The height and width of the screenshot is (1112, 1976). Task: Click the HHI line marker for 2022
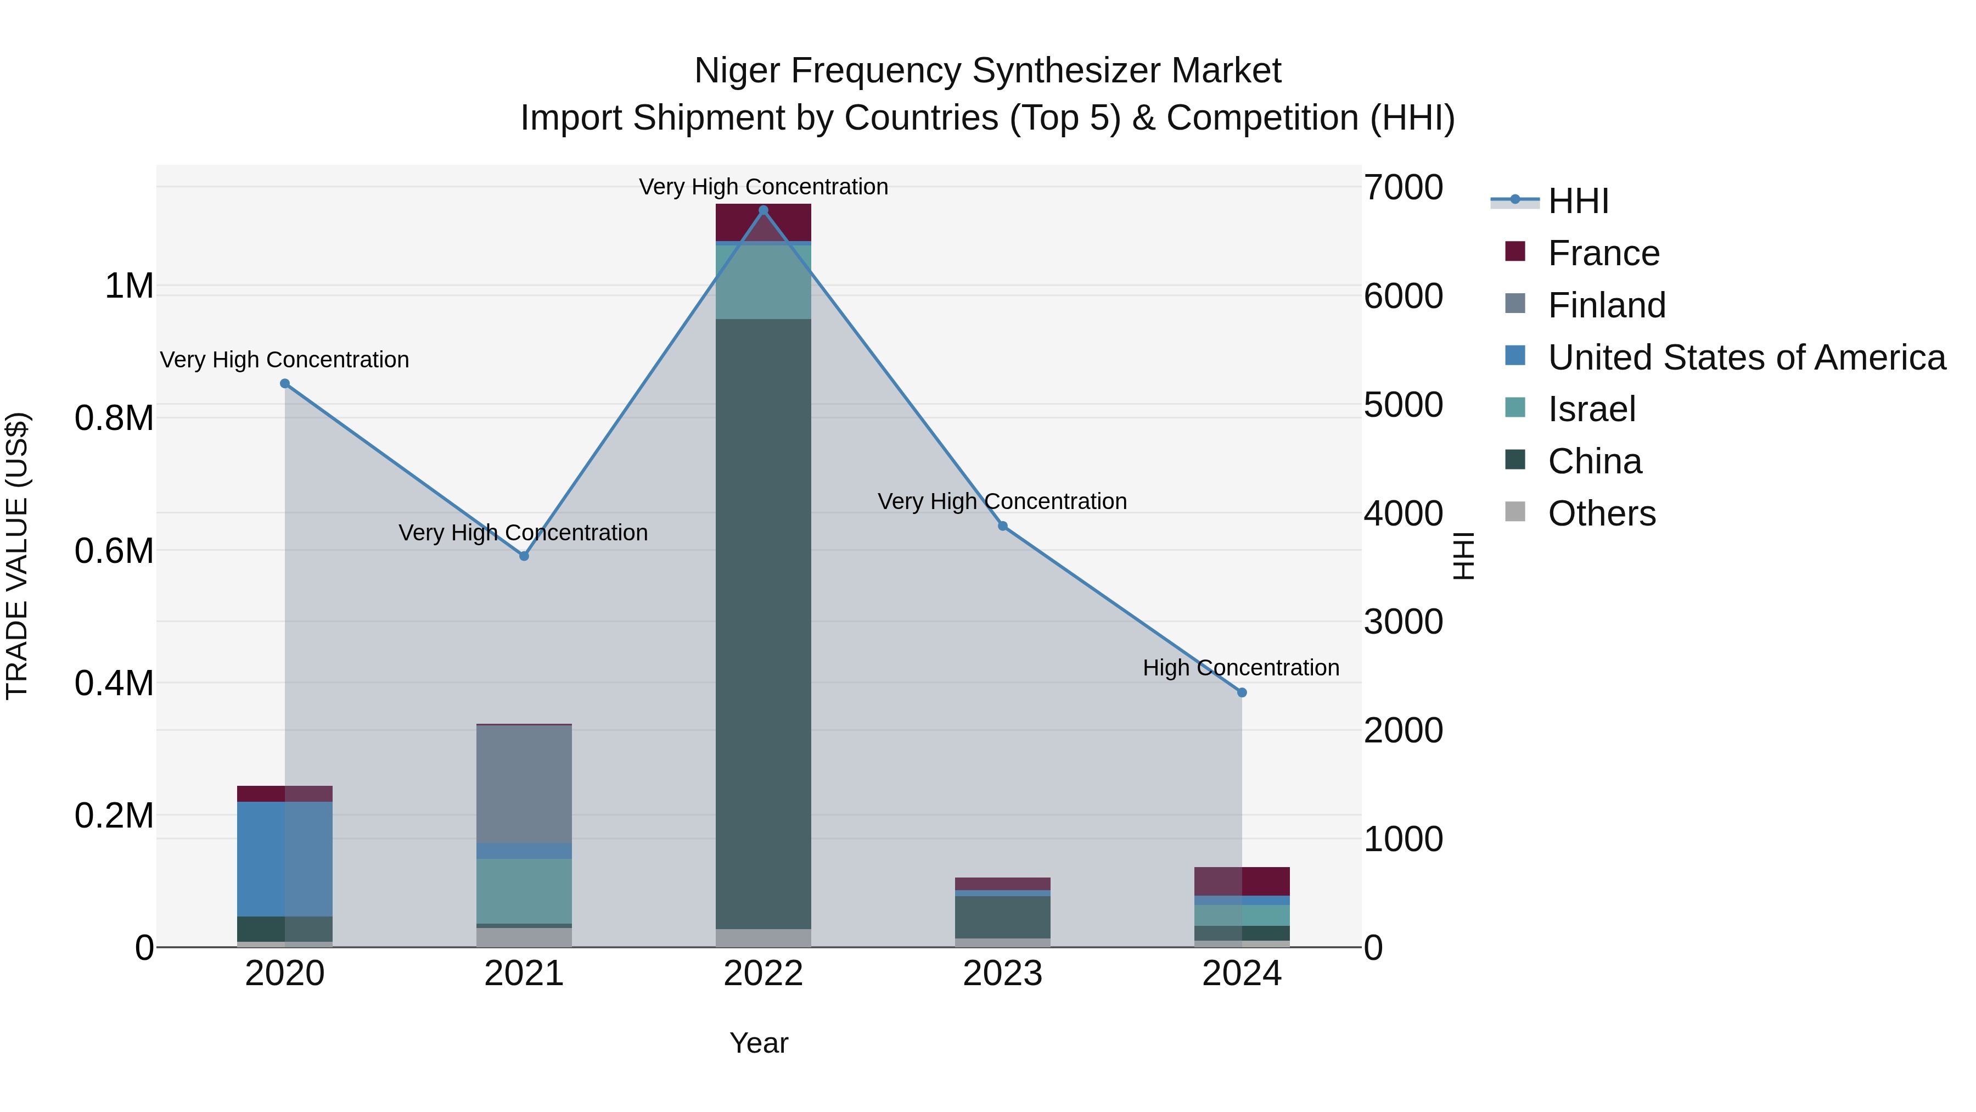pyautogui.click(x=764, y=210)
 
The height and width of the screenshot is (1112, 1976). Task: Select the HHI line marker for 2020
pyautogui.click(x=284, y=384)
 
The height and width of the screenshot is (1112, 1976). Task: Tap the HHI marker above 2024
pyautogui.click(x=1242, y=692)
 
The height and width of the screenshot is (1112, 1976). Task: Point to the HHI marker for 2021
pyautogui.click(x=524, y=556)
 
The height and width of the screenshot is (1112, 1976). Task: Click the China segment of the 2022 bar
pyautogui.click(x=764, y=622)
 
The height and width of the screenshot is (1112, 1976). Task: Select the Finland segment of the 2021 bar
pyautogui.click(x=524, y=783)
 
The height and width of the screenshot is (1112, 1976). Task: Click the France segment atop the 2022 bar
pyautogui.click(x=764, y=222)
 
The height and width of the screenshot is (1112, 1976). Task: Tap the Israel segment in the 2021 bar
pyautogui.click(x=524, y=890)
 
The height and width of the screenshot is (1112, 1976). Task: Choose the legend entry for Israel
pyautogui.click(x=1592, y=409)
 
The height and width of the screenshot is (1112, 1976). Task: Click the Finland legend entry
pyautogui.click(x=1606, y=305)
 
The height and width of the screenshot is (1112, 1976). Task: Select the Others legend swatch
pyautogui.click(x=1515, y=512)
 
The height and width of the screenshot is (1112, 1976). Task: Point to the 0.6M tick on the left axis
pyautogui.click(x=114, y=551)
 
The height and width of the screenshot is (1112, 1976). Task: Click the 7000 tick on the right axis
pyautogui.click(x=1403, y=187)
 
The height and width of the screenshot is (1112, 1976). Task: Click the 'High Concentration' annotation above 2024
pyautogui.click(x=1240, y=668)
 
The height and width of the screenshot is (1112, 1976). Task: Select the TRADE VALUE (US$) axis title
pyautogui.click(x=17, y=556)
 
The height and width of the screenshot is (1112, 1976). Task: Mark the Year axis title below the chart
pyautogui.click(x=758, y=1043)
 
